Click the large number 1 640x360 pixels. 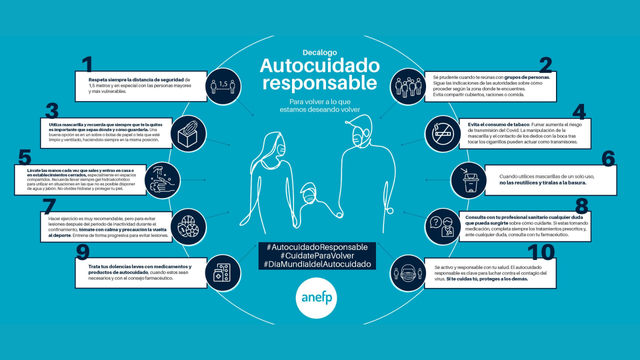tap(87, 65)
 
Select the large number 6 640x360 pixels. tap(608, 158)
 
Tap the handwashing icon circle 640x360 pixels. tap(162, 180)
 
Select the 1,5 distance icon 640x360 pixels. tap(224, 86)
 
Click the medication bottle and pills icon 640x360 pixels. tap(222, 273)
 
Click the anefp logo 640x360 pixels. tap(316, 297)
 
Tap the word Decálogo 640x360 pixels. tap(319, 52)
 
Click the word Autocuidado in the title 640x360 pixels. tap(319, 65)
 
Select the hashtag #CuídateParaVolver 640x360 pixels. tap(317, 256)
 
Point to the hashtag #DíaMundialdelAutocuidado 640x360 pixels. tap(317, 264)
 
